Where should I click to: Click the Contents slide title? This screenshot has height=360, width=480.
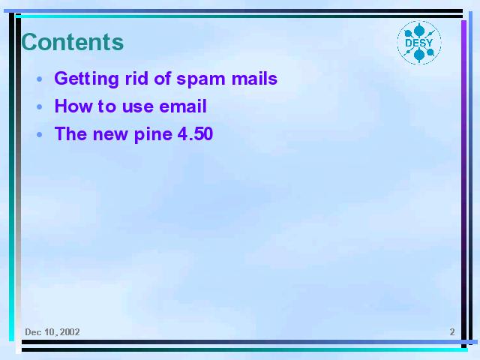(73, 42)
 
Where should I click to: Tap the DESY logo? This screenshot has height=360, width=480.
(419, 43)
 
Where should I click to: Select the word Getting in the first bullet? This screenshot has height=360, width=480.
(87, 79)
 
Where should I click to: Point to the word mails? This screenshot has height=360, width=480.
(254, 78)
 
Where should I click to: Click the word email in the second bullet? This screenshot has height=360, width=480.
(183, 106)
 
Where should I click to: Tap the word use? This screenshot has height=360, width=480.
(138, 107)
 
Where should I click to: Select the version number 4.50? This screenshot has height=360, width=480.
(195, 133)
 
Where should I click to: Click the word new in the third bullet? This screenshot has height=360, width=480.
(110, 135)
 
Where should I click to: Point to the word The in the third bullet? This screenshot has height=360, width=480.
(70, 133)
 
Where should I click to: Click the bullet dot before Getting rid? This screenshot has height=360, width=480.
(40, 79)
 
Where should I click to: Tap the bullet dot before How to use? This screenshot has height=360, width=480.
(40, 106)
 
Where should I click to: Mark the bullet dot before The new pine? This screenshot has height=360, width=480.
(40, 134)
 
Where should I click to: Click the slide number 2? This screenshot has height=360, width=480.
(452, 331)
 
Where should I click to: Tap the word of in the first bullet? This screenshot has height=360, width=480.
(163, 78)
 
